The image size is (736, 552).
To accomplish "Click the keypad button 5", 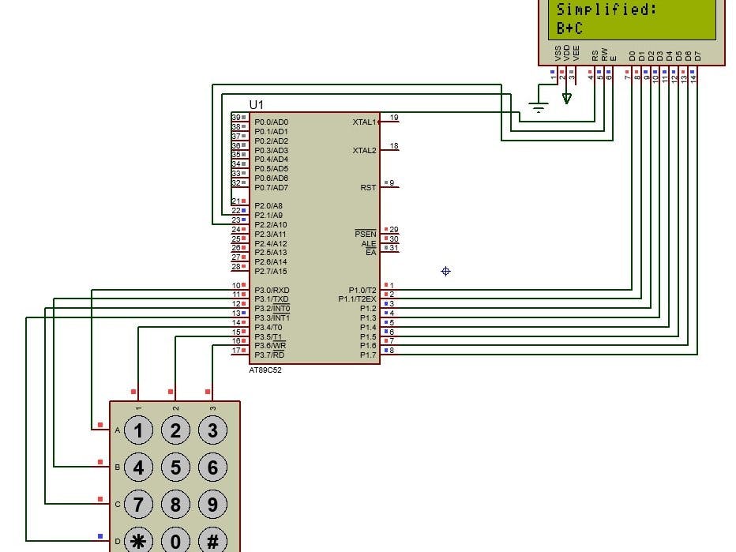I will pyautogui.click(x=175, y=468).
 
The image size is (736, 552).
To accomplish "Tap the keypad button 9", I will pyautogui.click(x=212, y=504).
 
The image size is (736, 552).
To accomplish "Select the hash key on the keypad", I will pyautogui.click(x=212, y=541).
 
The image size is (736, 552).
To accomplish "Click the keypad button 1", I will pyautogui.click(x=139, y=430).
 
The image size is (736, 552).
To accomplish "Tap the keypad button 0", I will pyautogui.click(x=175, y=541).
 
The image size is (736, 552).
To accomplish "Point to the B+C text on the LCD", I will pyautogui.click(x=569, y=28).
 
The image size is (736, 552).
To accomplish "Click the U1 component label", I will pyautogui.click(x=257, y=105).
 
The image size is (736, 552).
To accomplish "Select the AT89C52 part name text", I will pyautogui.click(x=266, y=370).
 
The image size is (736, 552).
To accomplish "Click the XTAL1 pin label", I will pyautogui.click(x=364, y=122).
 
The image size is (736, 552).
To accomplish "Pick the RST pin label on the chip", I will pyautogui.click(x=368, y=187).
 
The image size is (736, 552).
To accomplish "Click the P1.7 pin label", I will pyautogui.click(x=368, y=355).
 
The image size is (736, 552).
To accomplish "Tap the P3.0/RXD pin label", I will pyautogui.click(x=272, y=290).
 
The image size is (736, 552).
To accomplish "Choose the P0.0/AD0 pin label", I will pyautogui.click(x=272, y=122).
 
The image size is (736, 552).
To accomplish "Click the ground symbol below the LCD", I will pyautogui.click(x=539, y=107).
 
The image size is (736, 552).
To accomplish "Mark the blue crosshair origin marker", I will pyautogui.click(x=445, y=272).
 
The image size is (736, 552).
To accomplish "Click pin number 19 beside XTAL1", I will pyautogui.click(x=394, y=118).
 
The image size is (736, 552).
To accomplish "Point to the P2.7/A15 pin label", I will pyautogui.click(x=271, y=271).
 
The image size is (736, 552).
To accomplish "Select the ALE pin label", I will pyautogui.click(x=369, y=243).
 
